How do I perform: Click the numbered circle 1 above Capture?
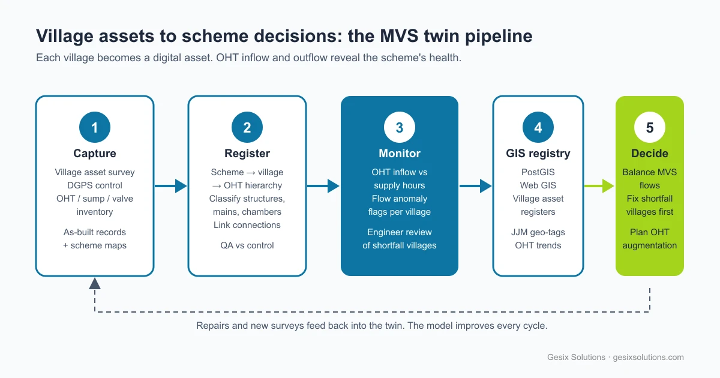pyautogui.click(x=95, y=127)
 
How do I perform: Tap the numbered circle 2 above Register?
pyautogui.click(x=247, y=127)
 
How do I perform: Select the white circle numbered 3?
pyautogui.click(x=400, y=127)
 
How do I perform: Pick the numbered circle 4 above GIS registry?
pyautogui.click(x=538, y=127)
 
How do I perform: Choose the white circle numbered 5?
pyautogui.click(x=650, y=127)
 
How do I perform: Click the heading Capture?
pyautogui.click(x=95, y=154)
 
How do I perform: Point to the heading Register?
pyautogui.click(x=247, y=154)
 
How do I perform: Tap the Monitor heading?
pyautogui.click(x=400, y=154)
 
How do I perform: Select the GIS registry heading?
pyautogui.click(x=538, y=154)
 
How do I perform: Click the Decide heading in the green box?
pyautogui.click(x=650, y=154)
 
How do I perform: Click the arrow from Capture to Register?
pyautogui.click(x=170, y=186)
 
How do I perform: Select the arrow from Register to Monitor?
pyautogui.click(x=323, y=186)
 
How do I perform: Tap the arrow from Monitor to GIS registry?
pyautogui.click(x=475, y=186)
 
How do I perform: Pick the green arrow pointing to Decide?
pyautogui.click(x=599, y=186)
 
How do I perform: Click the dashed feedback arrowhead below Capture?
pyautogui.click(x=95, y=283)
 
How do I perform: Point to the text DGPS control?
pyautogui.click(x=95, y=185)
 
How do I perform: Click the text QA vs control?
pyautogui.click(x=247, y=245)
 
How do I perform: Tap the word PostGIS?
pyautogui.click(x=538, y=172)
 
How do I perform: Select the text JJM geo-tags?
pyautogui.click(x=538, y=232)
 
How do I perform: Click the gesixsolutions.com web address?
pyautogui.click(x=648, y=357)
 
